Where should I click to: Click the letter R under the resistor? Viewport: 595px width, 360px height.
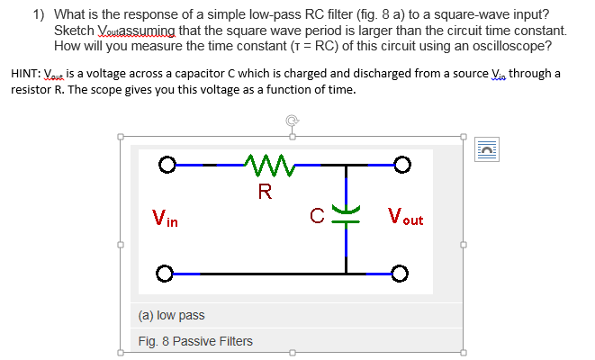(264, 190)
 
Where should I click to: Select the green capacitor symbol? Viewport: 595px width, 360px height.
(344, 213)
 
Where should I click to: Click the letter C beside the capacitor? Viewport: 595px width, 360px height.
(318, 215)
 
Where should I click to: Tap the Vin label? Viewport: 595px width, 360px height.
(165, 217)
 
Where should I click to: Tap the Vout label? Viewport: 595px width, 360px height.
(405, 217)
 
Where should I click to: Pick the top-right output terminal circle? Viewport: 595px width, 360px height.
(402, 166)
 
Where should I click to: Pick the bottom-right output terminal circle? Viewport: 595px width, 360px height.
(402, 273)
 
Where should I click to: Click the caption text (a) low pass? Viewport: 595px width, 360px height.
(171, 316)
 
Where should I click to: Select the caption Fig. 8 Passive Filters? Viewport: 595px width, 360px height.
(195, 341)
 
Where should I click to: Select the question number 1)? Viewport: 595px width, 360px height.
(41, 14)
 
